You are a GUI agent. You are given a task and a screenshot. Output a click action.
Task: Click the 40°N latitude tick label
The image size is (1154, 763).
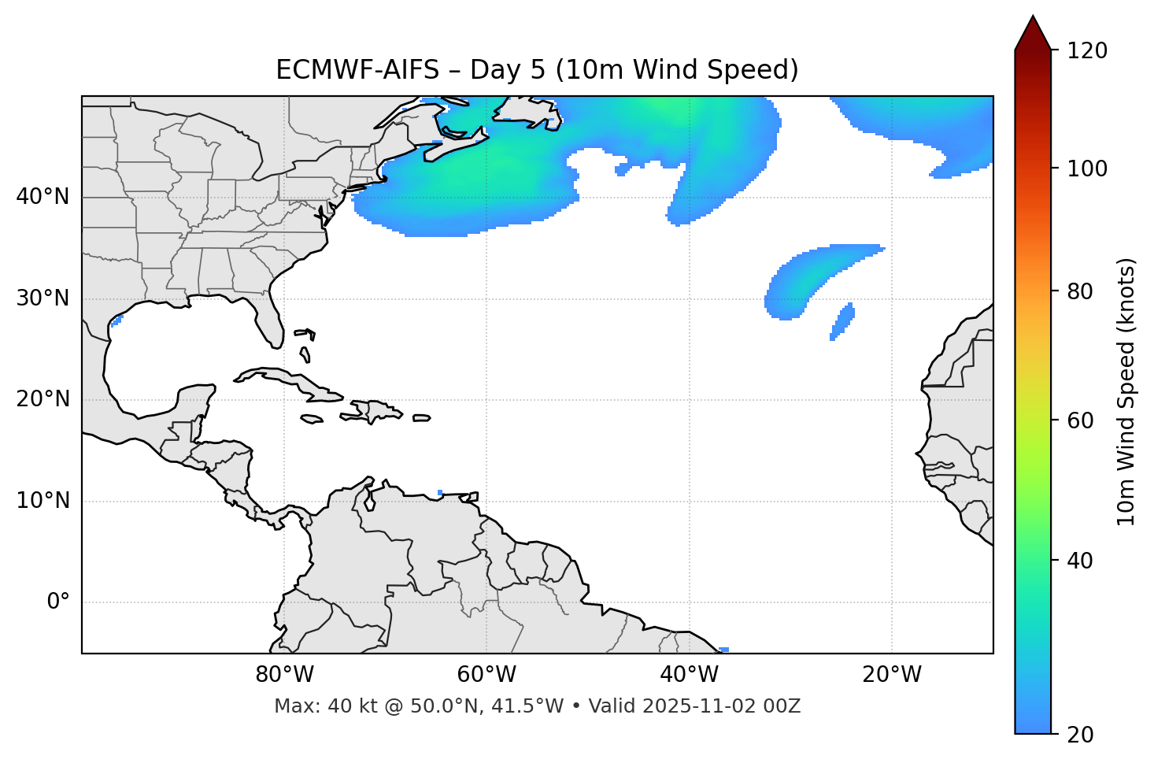(x=43, y=197)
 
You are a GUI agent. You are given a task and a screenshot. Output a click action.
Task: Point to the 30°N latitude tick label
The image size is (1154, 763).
(x=43, y=298)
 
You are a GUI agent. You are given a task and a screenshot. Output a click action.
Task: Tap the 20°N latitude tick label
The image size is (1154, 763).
(x=43, y=399)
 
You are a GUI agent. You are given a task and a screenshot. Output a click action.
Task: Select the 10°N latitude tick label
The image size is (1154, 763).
(x=43, y=501)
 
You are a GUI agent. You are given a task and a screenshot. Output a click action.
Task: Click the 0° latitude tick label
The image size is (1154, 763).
(x=58, y=602)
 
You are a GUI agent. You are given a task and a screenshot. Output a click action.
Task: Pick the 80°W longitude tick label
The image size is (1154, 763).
(x=284, y=675)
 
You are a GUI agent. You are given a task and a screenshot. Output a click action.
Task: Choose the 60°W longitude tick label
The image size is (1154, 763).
(x=486, y=675)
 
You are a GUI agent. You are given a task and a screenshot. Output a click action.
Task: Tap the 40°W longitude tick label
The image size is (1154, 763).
(x=689, y=675)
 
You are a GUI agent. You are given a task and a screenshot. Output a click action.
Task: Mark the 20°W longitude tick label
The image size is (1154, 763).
(x=892, y=675)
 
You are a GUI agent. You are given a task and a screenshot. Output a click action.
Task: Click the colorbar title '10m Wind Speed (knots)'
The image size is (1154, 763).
(x=1127, y=391)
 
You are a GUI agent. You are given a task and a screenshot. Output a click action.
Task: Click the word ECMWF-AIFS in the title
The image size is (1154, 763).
(x=357, y=70)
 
